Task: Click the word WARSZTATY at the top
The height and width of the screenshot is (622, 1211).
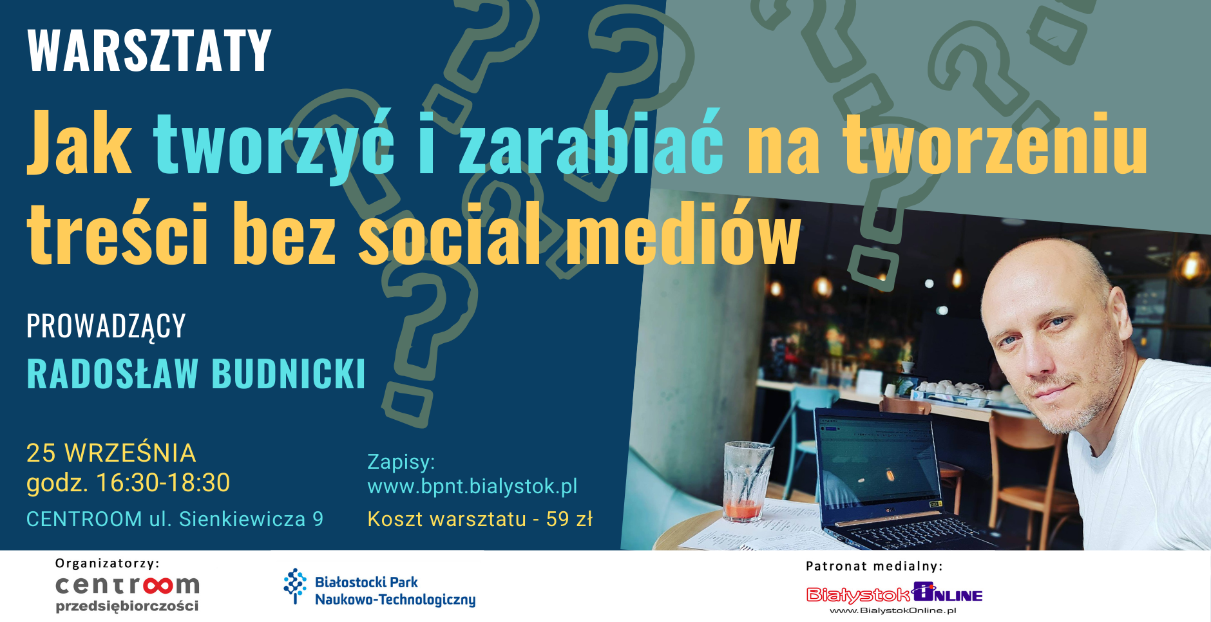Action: coord(149,50)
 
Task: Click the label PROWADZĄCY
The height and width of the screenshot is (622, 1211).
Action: coord(106,326)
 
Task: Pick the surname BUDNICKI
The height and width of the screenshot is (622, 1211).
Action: coord(289,373)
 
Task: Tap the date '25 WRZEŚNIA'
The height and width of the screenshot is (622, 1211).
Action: coord(111,453)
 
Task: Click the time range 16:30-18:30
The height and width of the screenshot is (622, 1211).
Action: coord(163,483)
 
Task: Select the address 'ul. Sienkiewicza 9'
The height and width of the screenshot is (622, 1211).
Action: coord(236,519)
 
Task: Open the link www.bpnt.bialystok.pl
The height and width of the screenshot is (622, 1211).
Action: coord(472,486)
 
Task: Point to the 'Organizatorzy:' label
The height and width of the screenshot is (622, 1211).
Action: coord(108,563)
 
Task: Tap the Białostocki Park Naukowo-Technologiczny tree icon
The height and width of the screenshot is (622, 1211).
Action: coord(295,586)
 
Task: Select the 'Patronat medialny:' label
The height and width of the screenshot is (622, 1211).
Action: coord(874,566)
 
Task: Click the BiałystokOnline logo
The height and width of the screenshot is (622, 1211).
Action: coord(895,598)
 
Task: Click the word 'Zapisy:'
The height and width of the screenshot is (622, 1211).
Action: coord(401,462)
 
